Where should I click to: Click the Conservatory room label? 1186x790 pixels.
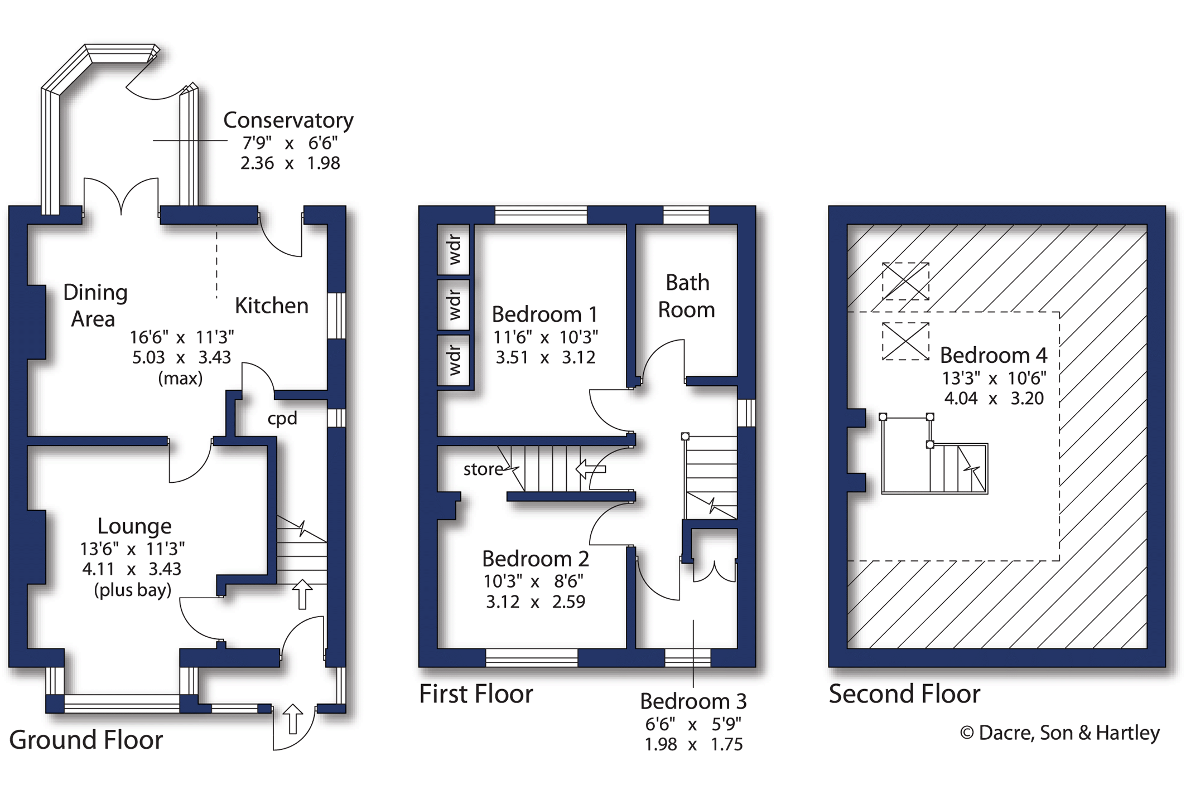[x=288, y=121]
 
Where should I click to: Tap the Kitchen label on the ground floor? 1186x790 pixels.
[x=272, y=306]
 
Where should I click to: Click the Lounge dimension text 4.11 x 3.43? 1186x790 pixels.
[x=132, y=569]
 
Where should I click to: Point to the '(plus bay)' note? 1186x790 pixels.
[x=133, y=590]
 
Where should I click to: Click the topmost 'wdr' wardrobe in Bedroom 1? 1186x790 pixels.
[x=454, y=249]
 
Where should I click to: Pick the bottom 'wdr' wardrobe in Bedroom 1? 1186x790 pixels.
[x=454, y=360]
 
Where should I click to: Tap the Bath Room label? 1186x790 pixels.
[x=687, y=296]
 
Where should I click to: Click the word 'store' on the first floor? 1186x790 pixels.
[x=483, y=469]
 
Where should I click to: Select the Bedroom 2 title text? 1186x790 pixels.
[x=536, y=559]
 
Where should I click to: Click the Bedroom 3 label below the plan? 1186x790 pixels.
[x=693, y=701]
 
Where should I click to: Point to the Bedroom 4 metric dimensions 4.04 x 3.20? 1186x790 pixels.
[x=994, y=398]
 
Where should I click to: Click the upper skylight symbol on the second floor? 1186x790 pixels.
[x=905, y=282]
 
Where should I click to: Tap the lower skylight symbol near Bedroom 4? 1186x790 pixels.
[x=905, y=341]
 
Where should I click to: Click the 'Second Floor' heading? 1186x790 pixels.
[x=904, y=694]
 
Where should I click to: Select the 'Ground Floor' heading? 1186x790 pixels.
[x=86, y=740]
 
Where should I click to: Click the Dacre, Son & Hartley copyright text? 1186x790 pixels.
[x=1060, y=733]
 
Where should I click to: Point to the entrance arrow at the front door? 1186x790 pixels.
[x=292, y=719]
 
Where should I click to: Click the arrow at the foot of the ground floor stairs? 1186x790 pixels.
[x=302, y=594]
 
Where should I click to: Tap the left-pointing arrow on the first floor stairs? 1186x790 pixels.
[x=591, y=469]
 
